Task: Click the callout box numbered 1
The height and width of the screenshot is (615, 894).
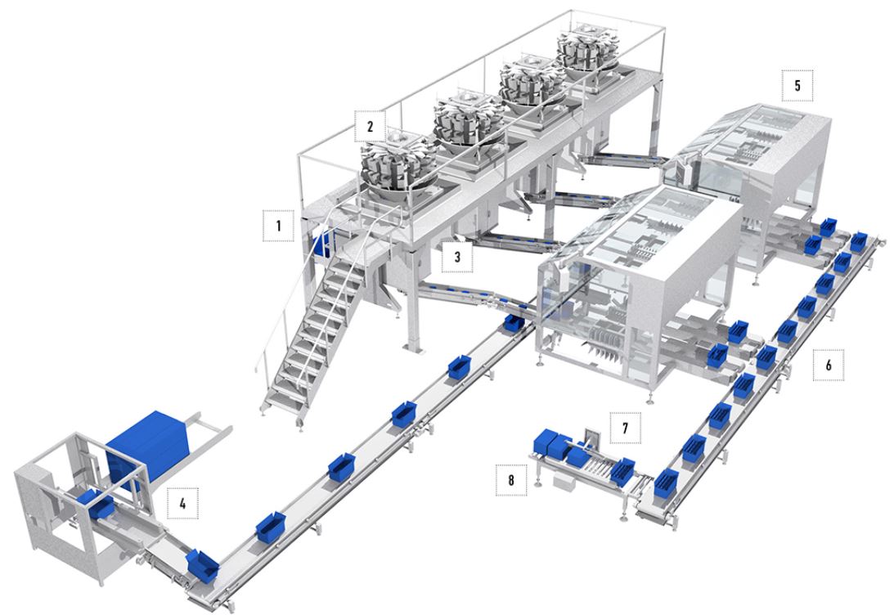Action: (278, 225)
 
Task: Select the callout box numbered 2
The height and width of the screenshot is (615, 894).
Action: (370, 126)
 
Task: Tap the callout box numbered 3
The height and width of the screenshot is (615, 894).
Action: (457, 257)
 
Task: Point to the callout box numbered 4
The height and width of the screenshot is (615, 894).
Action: (182, 503)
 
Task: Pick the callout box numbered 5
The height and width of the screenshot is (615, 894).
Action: (797, 86)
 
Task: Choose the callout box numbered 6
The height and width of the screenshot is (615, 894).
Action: (829, 364)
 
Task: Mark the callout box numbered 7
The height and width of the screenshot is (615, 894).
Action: (625, 428)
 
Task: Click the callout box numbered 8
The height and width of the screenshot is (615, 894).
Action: (511, 480)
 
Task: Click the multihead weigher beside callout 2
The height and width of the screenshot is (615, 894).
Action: (398, 165)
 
